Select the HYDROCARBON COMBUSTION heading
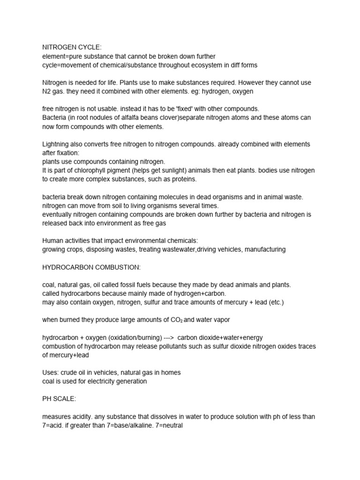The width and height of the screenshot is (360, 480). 91,267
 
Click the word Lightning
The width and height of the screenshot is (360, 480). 58,144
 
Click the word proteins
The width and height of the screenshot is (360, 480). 184,179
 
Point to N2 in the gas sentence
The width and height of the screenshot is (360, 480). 47,91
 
